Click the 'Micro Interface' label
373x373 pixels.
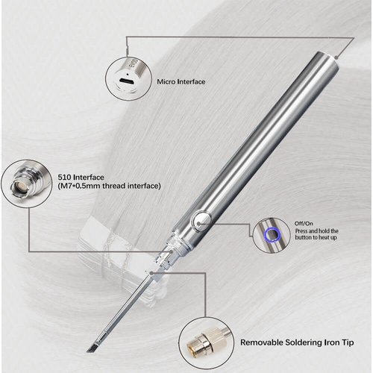[181, 82]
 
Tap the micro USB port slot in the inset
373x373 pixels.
[127, 81]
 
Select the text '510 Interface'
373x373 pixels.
[81, 178]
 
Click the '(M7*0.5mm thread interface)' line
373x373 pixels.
[110, 186]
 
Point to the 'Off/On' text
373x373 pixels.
[304, 223]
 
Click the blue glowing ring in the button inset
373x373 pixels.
[272, 234]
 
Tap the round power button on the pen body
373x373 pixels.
[201, 222]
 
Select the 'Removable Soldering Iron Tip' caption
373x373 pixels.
[297, 342]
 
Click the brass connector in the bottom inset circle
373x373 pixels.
[200, 343]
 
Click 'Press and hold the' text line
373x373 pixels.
[317, 231]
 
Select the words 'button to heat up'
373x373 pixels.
[316, 237]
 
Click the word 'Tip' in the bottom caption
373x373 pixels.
[348, 342]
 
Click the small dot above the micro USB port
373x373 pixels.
[127, 74]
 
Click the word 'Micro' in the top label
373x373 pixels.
[166, 82]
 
